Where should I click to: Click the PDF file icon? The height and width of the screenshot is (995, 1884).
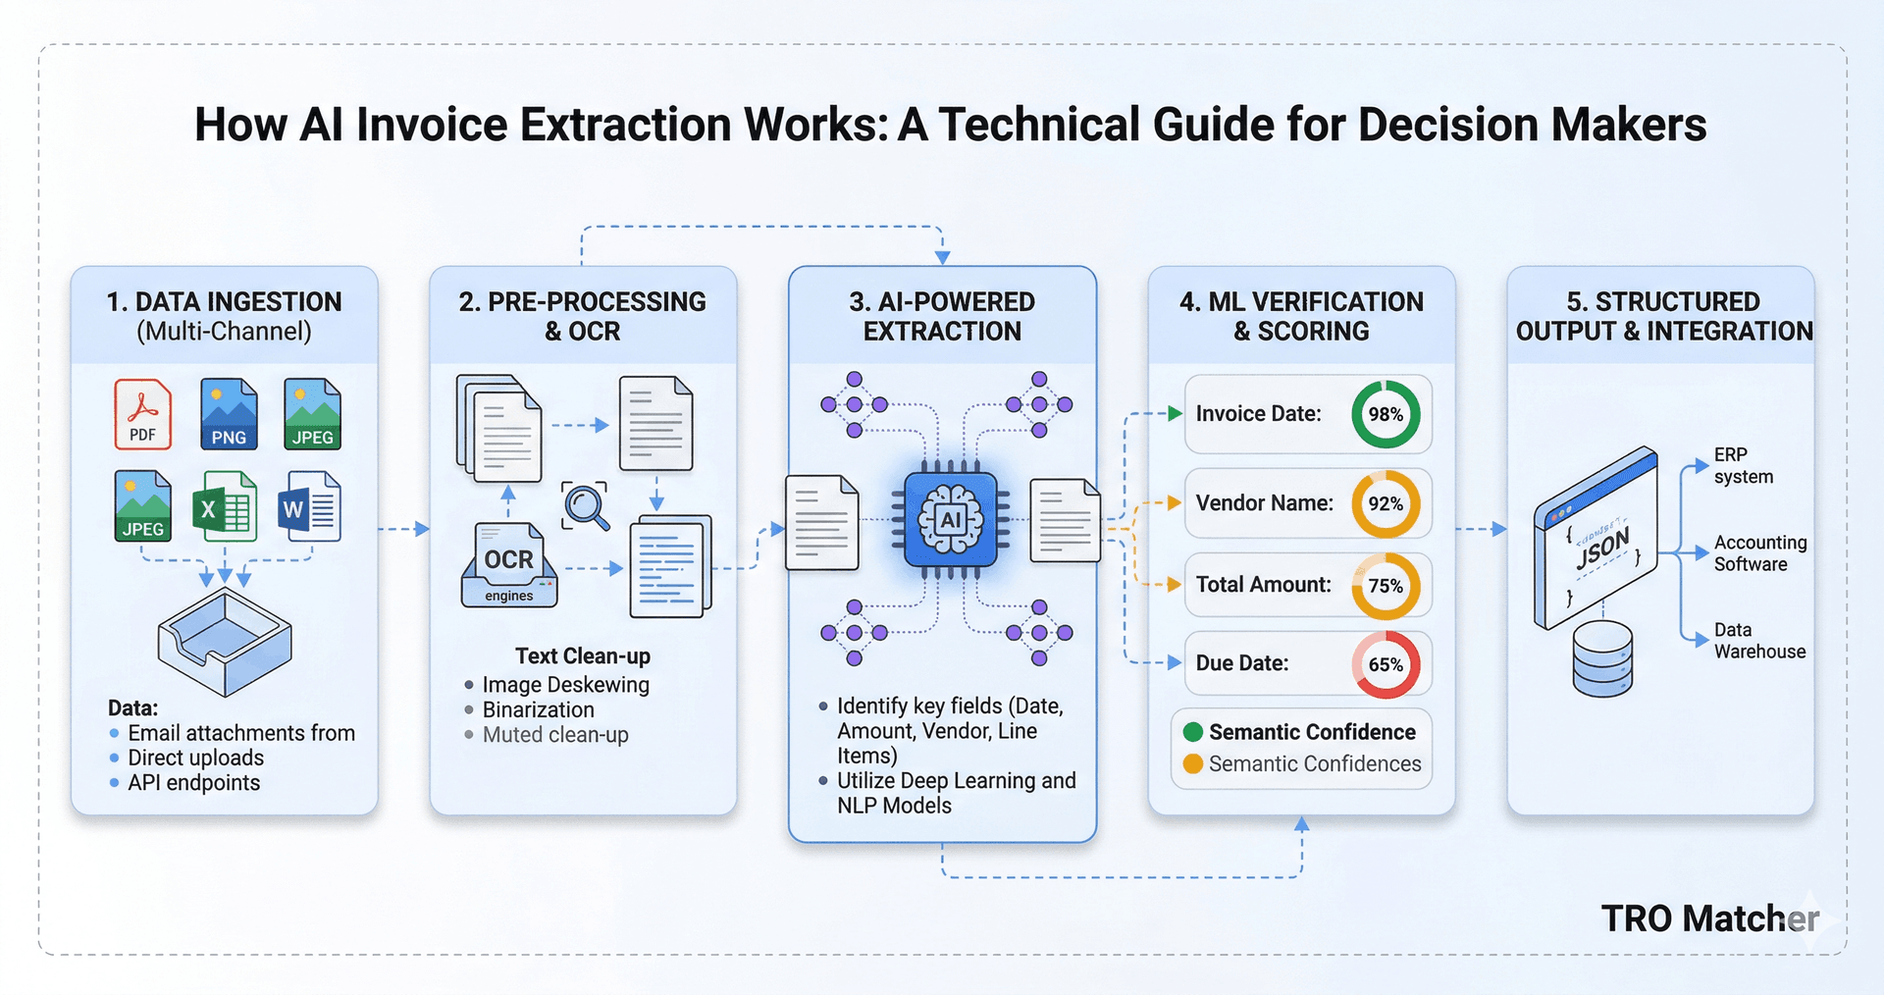(143, 414)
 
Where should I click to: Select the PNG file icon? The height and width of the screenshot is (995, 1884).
(229, 414)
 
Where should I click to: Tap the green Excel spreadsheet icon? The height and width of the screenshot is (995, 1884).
(225, 506)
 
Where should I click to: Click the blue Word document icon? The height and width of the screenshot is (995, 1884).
(310, 506)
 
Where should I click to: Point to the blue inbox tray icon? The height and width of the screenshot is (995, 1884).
(225, 642)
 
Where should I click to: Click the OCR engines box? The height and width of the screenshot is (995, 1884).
(509, 566)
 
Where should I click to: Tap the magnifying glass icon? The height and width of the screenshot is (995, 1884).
(586, 506)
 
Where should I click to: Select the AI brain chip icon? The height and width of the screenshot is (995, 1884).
(950, 520)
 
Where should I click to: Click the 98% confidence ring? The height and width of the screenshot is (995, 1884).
(1386, 414)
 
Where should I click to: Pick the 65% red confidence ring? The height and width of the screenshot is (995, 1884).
(1386, 664)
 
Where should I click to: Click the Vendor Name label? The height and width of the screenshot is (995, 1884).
(1264, 503)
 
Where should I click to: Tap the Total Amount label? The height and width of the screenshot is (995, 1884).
(1263, 585)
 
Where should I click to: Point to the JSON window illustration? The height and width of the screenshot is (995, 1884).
(1596, 538)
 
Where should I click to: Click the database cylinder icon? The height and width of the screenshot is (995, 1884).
(1602, 658)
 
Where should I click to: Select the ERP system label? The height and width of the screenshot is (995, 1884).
(1744, 465)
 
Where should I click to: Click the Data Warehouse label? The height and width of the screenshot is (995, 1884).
(1759, 640)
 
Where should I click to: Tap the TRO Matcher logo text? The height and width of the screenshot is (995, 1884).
(1709, 918)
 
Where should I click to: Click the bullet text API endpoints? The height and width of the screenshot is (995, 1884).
(193, 782)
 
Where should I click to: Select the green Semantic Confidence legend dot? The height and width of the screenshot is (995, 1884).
(1193, 732)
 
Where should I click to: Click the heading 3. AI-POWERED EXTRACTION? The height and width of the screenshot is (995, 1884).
(942, 316)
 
